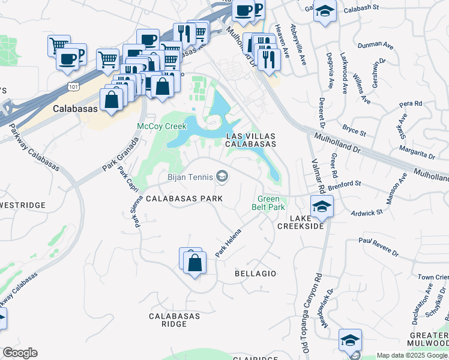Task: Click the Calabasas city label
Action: click(x=75, y=109)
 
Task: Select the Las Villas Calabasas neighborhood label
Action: click(x=251, y=140)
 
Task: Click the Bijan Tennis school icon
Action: click(x=222, y=176)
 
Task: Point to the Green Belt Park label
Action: click(x=271, y=203)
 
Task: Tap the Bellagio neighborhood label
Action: click(x=255, y=274)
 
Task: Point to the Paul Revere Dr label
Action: click(x=379, y=246)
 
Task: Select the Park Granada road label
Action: click(x=121, y=154)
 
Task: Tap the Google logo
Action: click(x=20, y=353)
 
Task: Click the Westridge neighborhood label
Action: click(x=23, y=205)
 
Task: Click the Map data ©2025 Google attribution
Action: click(x=412, y=355)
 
